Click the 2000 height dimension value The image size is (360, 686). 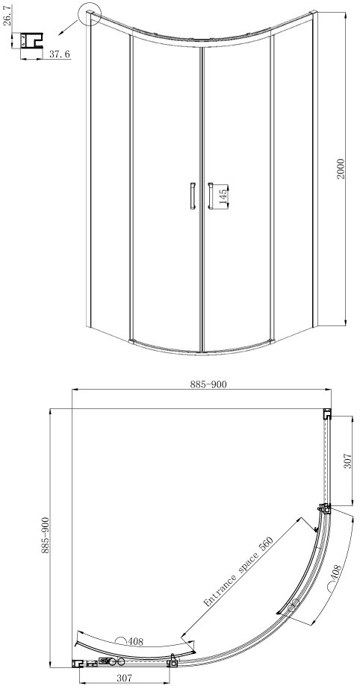(x=341, y=168)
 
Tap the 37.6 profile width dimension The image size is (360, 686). (x=60, y=54)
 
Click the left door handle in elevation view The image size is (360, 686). (x=192, y=196)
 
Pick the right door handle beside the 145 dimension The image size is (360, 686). (x=210, y=196)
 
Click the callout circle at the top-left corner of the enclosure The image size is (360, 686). (x=90, y=16)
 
